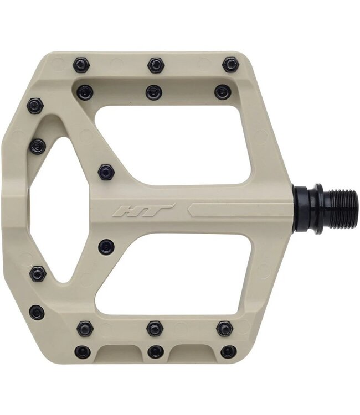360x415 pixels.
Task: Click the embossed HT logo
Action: click(x=143, y=210)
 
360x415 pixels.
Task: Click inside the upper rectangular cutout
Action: click(x=173, y=146)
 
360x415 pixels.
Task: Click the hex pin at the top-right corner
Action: click(x=231, y=65)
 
